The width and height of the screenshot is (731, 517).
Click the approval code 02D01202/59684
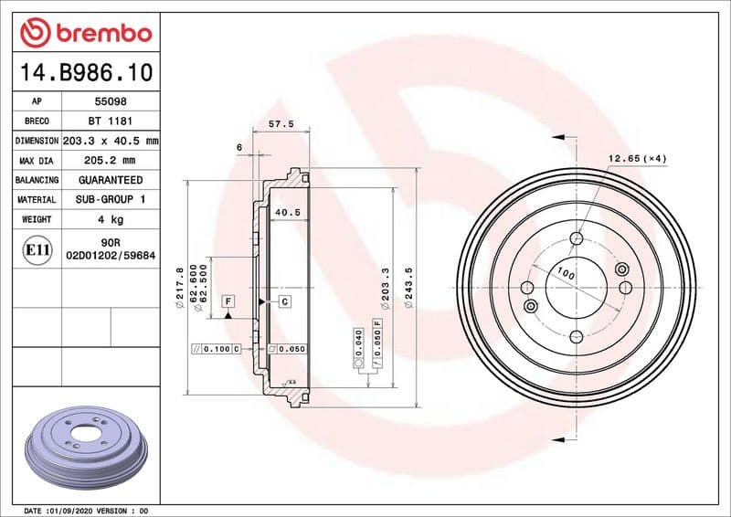pos(110,258)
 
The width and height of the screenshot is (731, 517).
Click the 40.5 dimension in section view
pos(288,212)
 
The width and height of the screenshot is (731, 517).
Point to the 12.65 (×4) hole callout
pos(637,159)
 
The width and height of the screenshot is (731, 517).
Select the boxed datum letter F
pos(227,301)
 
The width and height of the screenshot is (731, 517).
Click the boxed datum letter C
pos(284,301)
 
